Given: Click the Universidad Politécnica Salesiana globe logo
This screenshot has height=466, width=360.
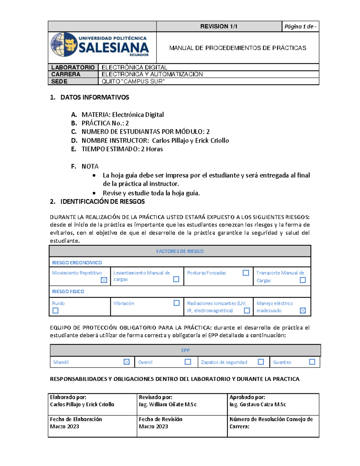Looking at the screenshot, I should tap(64, 44).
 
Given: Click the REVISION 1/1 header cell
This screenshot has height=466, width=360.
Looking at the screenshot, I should tap(219, 26).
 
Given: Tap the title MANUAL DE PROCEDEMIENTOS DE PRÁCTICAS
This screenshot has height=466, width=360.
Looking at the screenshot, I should tap(238, 48).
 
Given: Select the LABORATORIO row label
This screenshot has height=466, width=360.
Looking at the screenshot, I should tap(73, 67).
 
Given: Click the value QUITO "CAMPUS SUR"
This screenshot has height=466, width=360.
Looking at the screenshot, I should tap(133, 81).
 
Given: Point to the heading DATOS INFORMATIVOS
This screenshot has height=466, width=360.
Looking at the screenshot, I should tap(94, 97).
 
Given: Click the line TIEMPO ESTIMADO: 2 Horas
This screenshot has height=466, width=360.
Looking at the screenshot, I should tap(122, 149).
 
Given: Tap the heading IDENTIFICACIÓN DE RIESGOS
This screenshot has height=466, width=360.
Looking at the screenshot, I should tap(102, 202).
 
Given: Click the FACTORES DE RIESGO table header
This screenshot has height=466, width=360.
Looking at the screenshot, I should tap(180, 251).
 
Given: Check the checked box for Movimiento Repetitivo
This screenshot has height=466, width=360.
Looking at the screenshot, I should tap(104, 280).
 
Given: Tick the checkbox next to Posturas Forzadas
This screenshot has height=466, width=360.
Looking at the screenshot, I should tap(246, 273).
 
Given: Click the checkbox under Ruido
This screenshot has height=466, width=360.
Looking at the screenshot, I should tap(55, 311).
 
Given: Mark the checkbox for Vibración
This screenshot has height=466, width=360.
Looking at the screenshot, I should tap(176, 303).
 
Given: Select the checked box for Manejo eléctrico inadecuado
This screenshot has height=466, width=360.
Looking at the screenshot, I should tap(303, 311).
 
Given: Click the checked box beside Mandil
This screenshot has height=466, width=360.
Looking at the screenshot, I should tap(127, 362).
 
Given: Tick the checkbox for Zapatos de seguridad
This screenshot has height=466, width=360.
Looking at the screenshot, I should tap(261, 362).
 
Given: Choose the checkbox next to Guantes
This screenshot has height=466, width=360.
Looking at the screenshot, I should tap(312, 362).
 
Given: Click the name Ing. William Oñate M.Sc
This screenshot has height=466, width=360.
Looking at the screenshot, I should tap(168, 404).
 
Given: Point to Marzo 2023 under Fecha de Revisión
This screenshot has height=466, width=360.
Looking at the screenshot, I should tap(153, 426).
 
